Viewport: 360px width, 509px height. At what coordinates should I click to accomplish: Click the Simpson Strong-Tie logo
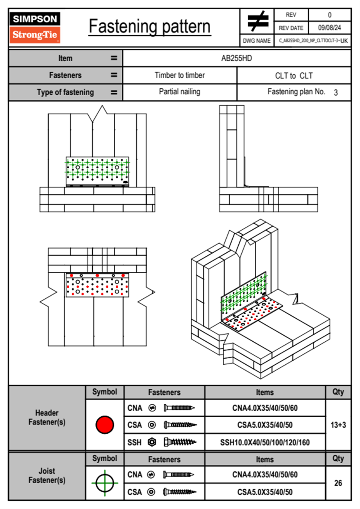[35, 27]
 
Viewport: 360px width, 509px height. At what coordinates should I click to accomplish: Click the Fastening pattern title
[150, 27]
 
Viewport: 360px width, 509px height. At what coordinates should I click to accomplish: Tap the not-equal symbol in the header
[257, 21]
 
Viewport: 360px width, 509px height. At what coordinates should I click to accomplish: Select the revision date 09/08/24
[329, 28]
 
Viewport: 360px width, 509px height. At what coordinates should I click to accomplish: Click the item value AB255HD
[237, 58]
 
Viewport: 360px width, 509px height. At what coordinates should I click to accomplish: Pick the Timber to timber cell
[180, 75]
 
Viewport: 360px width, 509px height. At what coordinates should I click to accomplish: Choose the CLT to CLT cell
[294, 76]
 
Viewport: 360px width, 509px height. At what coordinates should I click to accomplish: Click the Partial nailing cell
[180, 92]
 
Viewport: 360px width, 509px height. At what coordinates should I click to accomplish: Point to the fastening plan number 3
[335, 93]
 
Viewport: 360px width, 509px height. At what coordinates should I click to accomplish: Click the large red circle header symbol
[105, 425]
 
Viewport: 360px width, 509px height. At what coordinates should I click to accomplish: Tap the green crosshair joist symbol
[105, 483]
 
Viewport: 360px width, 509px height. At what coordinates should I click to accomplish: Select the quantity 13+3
[338, 425]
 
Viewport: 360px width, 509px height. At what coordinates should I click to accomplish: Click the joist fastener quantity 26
[338, 483]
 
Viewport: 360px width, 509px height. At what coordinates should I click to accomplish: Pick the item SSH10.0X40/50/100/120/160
[265, 442]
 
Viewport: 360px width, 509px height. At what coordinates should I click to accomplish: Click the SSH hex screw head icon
[152, 442]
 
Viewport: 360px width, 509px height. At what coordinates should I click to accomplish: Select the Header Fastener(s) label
[47, 417]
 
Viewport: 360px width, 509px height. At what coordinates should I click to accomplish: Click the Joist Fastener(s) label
[47, 475]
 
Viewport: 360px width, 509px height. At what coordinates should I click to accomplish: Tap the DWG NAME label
[257, 41]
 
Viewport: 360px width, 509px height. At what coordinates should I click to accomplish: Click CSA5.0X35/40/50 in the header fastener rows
[265, 425]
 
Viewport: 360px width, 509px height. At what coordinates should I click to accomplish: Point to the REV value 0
[329, 15]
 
